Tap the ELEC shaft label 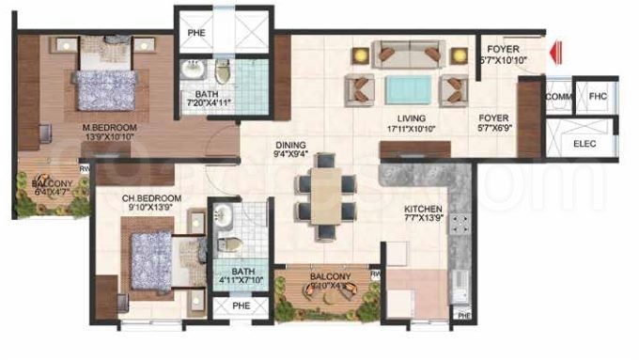[584, 144]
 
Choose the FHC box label [598, 96]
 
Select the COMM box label [558, 97]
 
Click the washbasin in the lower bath [224, 217]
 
